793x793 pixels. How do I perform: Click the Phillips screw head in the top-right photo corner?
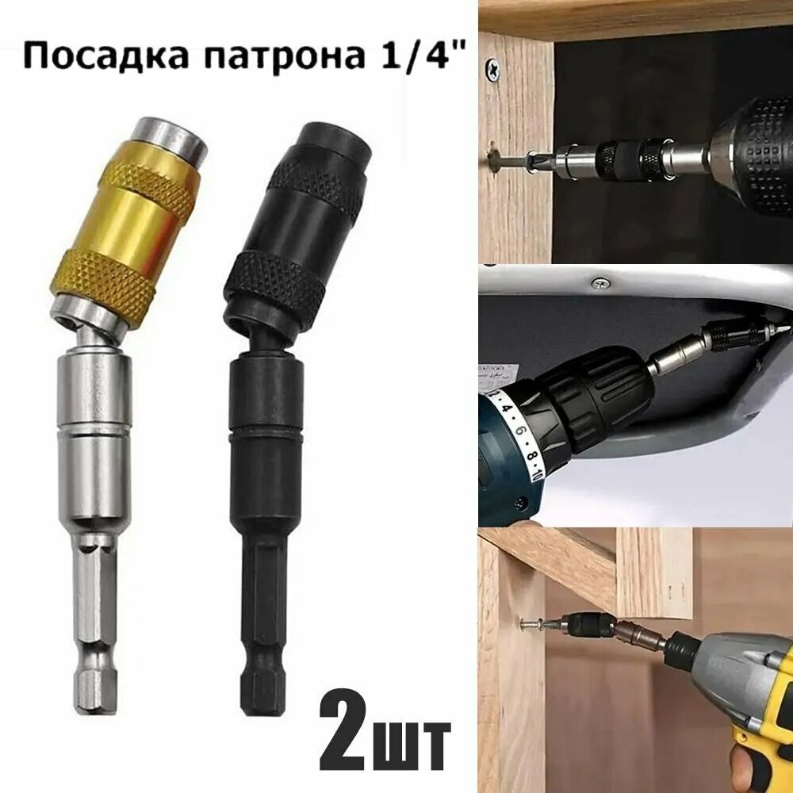(493, 69)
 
